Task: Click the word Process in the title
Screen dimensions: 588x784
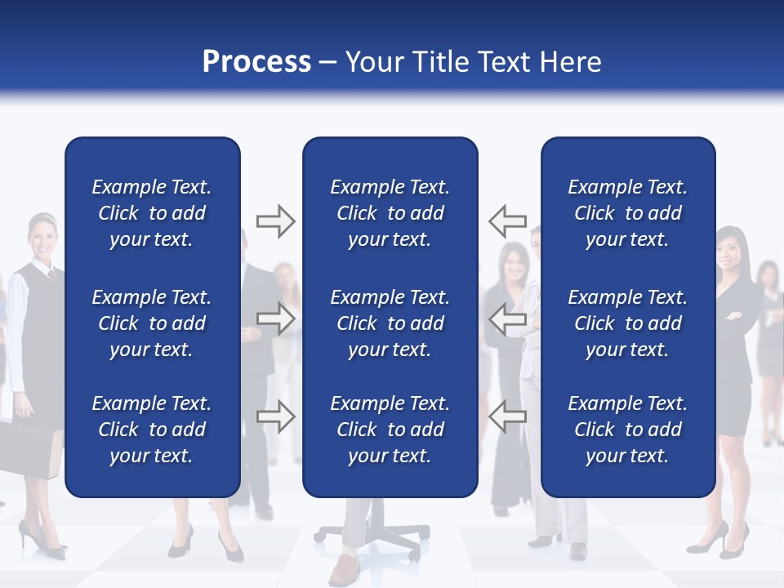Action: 256,62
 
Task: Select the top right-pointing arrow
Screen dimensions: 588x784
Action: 275,221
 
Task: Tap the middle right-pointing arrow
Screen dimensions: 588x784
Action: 275,318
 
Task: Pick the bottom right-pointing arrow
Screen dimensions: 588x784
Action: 275,416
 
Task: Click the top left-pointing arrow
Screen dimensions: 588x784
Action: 507,221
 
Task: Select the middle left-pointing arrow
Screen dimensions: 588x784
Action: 507,318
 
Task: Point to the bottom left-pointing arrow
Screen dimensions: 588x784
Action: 507,416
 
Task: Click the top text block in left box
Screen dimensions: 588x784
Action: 152,213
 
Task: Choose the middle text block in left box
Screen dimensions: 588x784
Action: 152,323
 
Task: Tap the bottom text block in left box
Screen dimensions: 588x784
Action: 152,430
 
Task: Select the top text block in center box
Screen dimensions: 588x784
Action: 390,213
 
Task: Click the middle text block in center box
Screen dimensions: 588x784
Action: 390,323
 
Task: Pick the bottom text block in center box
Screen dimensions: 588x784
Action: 390,430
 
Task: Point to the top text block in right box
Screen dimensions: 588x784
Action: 627,213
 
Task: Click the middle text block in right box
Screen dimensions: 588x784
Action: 627,323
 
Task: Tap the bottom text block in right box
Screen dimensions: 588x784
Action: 627,430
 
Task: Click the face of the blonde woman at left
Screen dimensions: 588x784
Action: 42,238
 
